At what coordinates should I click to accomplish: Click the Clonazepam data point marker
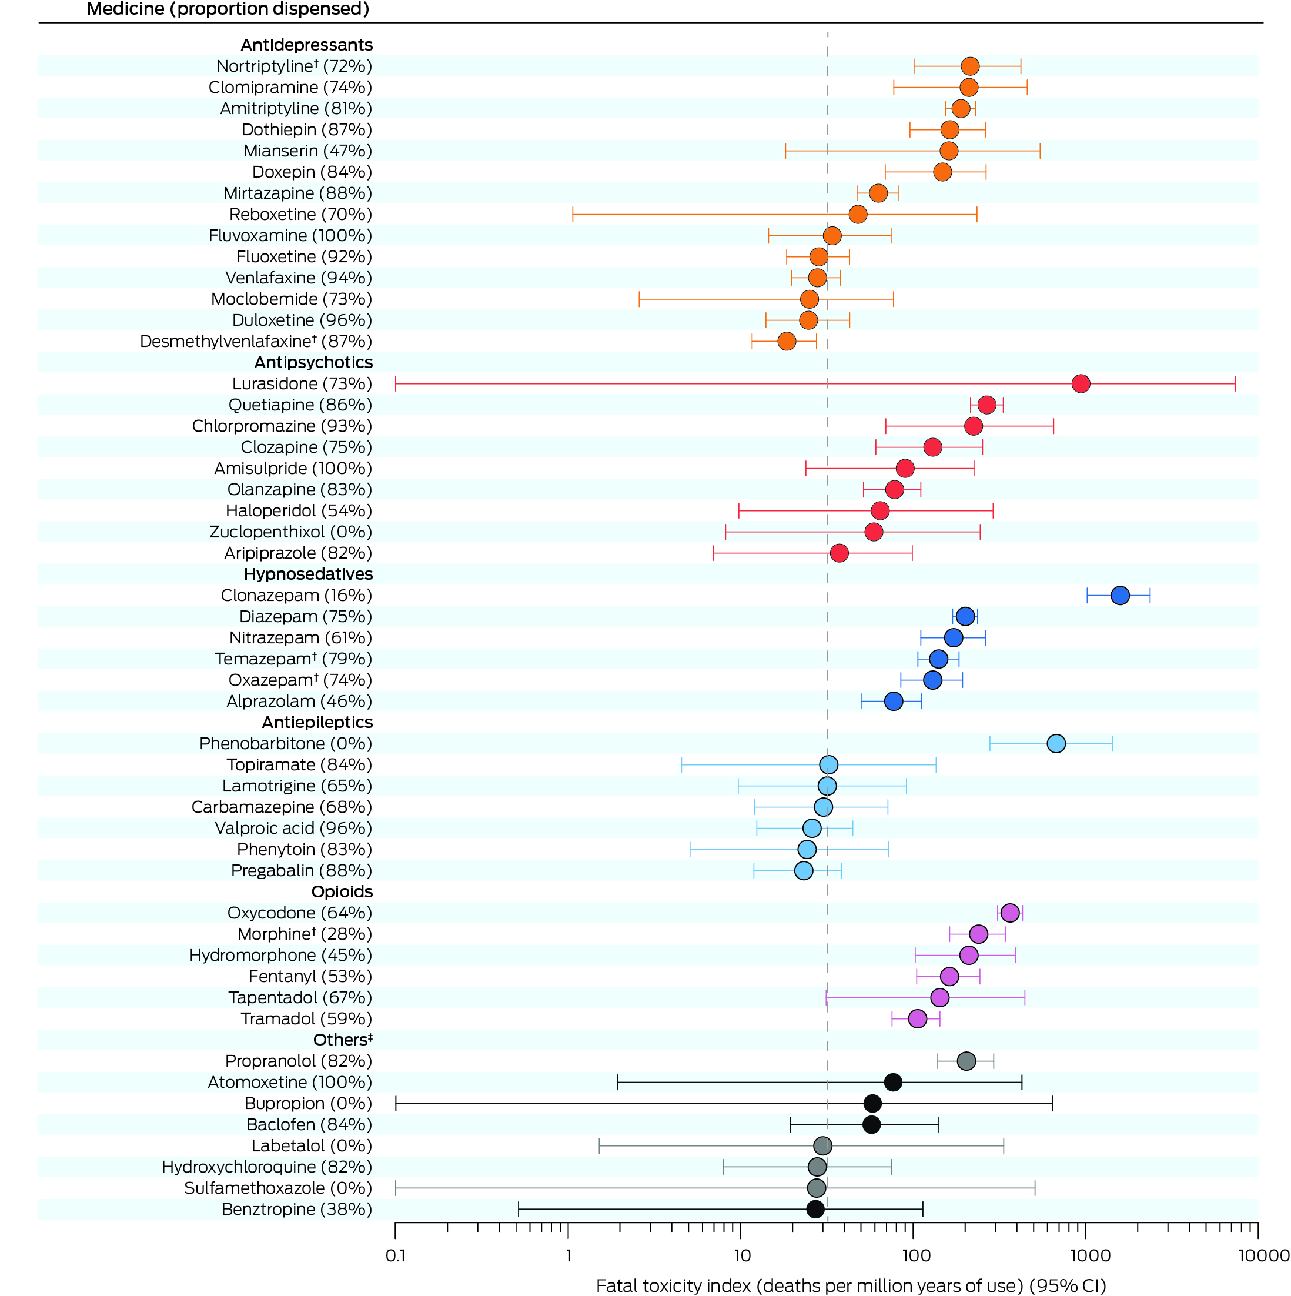pyautogui.click(x=1119, y=595)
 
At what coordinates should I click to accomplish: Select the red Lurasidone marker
pyautogui.click(x=1081, y=384)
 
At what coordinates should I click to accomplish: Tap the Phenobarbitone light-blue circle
pyautogui.click(x=1056, y=743)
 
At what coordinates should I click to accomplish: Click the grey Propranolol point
pyautogui.click(x=966, y=1061)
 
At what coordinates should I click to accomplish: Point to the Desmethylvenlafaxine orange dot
pyautogui.click(x=787, y=342)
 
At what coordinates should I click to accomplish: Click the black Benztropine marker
pyautogui.click(x=815, y=1209)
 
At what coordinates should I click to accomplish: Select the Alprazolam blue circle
pyautogui.click(x=894, y=701)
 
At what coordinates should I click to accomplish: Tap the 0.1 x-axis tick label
pyautogui.click(x=396, y=1255)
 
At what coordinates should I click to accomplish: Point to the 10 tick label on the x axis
pyautogui.click(x=742, y=1255)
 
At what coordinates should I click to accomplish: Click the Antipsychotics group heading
pyautogui.click(x=313, y=362)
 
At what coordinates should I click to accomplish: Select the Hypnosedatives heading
pyautogui.click(x=308, y=574)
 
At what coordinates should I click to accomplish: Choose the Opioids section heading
pyautogui.click(x=342, y=891)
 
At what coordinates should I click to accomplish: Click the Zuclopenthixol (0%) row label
pyautogui.click(x=290, y=532)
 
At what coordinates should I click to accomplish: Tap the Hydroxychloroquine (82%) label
pyautogui.click(x=267, y=1167)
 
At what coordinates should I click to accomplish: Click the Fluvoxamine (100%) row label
pyautogui.click(x=290, y=235)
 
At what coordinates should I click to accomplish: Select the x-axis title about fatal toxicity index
pyautogui.click(x=851, y=1285)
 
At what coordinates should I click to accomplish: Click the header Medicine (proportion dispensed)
pyautogui.click(x=228, y=9)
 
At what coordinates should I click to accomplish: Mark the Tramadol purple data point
pyautogui.click(x=917, y=1018)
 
